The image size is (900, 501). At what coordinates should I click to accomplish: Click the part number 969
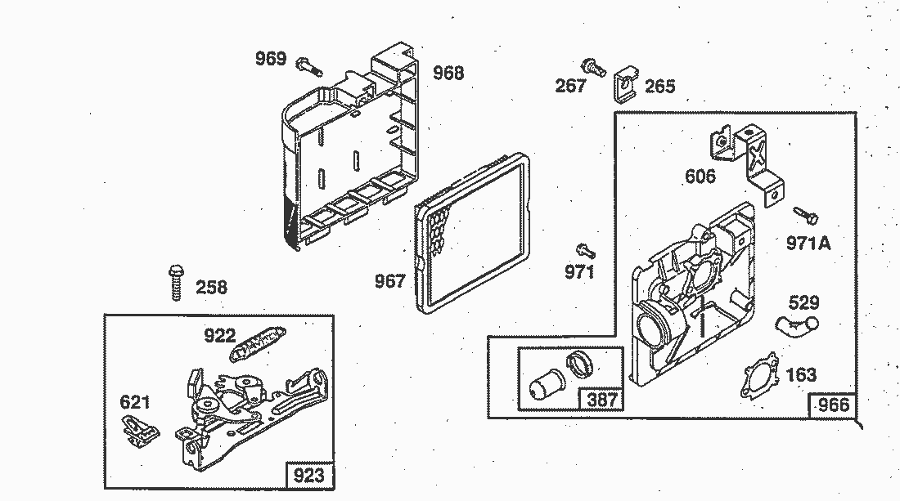(270, 59)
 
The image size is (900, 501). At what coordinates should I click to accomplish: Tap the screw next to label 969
(308, 66)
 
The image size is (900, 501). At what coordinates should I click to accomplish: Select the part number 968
(448, 73)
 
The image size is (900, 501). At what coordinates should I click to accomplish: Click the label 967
(390, 281)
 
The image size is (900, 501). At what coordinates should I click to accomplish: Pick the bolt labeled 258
(176, 282)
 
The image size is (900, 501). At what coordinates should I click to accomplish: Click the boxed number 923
(308, 475)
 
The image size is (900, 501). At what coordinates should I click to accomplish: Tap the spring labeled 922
(258, 343)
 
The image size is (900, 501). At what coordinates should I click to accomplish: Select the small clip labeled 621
(141, 430)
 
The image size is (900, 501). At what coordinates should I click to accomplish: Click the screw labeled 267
(594, 68)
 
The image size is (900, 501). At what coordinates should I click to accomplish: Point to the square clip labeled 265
(626, 84)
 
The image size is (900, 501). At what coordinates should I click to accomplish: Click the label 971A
(808, 244)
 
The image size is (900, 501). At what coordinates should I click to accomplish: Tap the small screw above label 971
(586, 250)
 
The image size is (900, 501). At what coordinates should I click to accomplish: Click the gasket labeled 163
(759, 375)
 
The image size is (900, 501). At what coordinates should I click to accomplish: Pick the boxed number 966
(834, 405)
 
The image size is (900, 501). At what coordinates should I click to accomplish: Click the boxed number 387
(602, 400)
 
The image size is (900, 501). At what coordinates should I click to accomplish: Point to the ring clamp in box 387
(581, 363)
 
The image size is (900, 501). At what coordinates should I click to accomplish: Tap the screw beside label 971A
(806, 216)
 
